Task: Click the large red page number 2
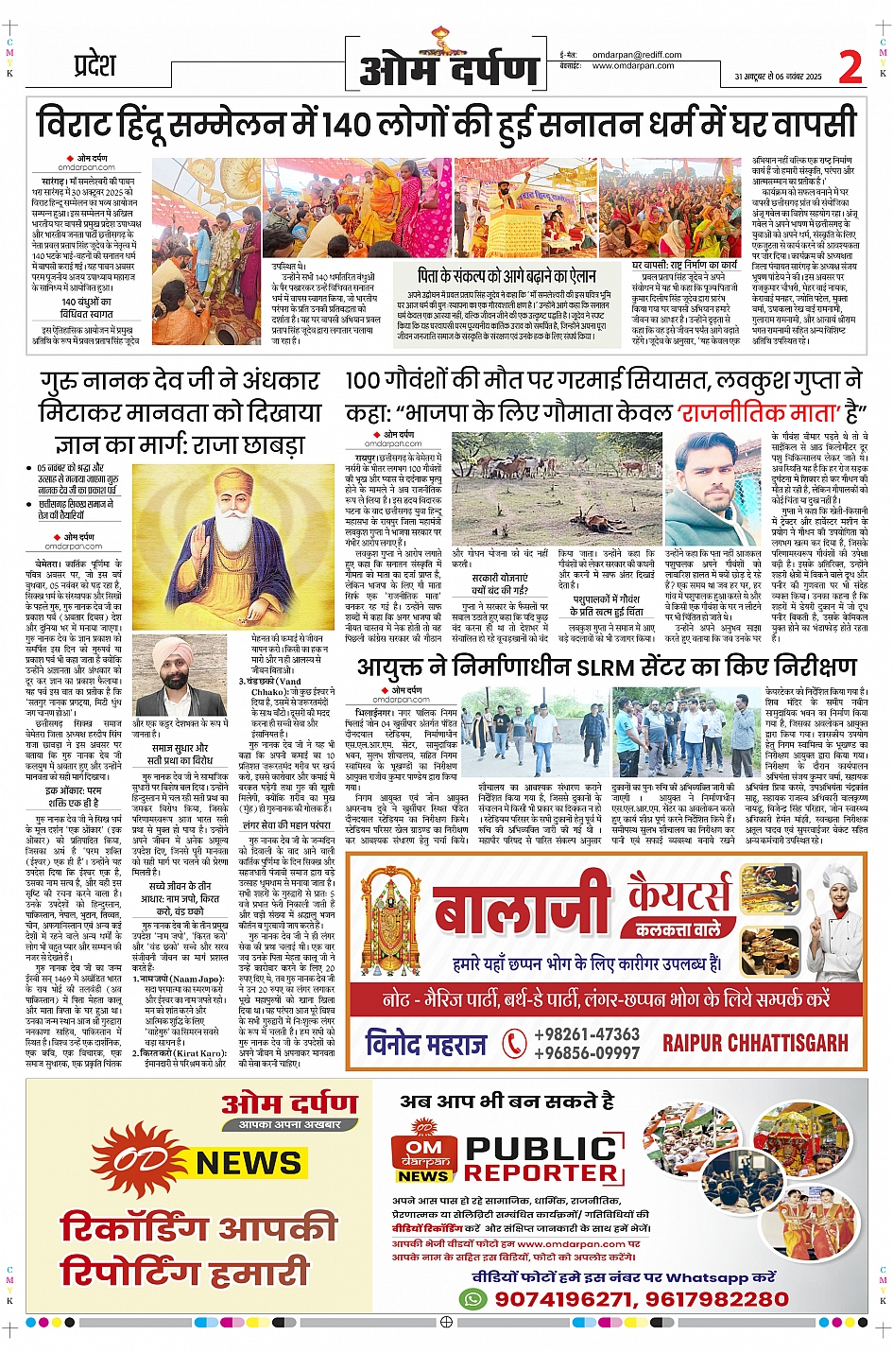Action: click(x=850, y=67)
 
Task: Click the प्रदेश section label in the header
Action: click(x=94, y=65)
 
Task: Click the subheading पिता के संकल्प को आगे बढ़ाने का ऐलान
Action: click(x=507, y=275)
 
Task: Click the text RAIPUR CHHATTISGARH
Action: click(x=755, y=1043)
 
